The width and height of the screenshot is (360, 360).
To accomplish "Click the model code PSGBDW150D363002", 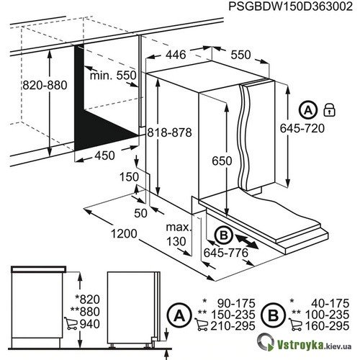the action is pos(291,6).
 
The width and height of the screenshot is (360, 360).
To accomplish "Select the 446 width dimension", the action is pos(176,55).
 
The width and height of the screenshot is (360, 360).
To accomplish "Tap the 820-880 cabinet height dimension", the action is pos(45,85).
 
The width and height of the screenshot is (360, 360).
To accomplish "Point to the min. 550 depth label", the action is pos(113,76).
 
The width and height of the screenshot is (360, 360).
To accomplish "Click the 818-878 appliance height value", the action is pos(169,132).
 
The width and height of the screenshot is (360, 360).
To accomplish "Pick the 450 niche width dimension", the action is pos(104,156).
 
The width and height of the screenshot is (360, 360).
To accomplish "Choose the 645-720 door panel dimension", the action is pos(302,128).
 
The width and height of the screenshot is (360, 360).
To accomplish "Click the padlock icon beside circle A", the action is pos(329,110).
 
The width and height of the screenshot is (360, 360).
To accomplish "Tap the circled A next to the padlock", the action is pos(308,110).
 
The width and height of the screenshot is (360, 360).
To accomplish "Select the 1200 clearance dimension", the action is pos(124,233).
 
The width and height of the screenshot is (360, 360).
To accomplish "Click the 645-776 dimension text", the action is pos(225,253).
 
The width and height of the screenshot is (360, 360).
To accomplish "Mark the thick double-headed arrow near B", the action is pos(247,242).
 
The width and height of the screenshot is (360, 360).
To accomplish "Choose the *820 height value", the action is pos(87,300).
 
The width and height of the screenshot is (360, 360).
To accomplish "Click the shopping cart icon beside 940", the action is pos(71,323).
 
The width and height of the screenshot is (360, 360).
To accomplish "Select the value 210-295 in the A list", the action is pos(233,325).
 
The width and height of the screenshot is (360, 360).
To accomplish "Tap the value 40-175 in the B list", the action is pos(330,303).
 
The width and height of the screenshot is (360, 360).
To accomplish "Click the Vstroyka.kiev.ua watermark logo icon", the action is pos(266,342).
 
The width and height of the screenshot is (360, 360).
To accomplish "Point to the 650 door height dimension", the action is pos(222,161).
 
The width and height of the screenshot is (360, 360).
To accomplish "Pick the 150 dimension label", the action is pos(129,177).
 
